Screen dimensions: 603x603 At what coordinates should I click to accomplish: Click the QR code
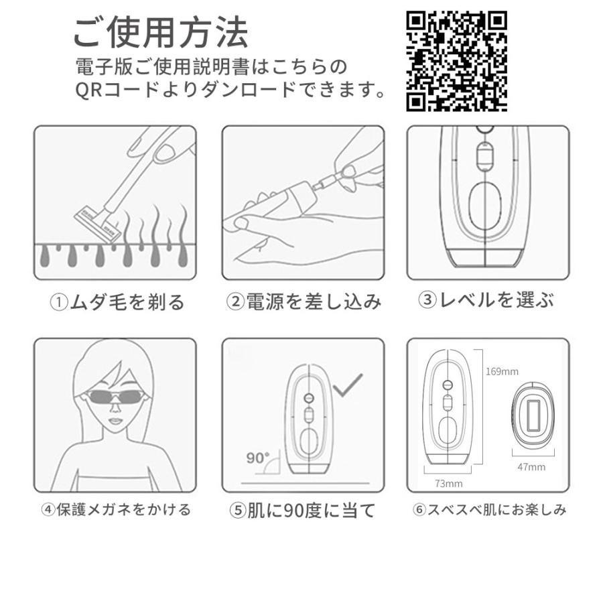456,61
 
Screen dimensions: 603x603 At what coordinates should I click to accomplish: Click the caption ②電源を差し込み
304,302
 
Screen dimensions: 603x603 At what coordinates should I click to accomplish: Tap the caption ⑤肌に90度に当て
303,511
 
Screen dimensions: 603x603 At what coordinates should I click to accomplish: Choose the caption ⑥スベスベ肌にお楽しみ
489,510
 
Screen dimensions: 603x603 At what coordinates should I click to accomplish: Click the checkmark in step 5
347,385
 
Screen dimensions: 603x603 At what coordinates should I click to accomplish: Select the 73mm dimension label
449,482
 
